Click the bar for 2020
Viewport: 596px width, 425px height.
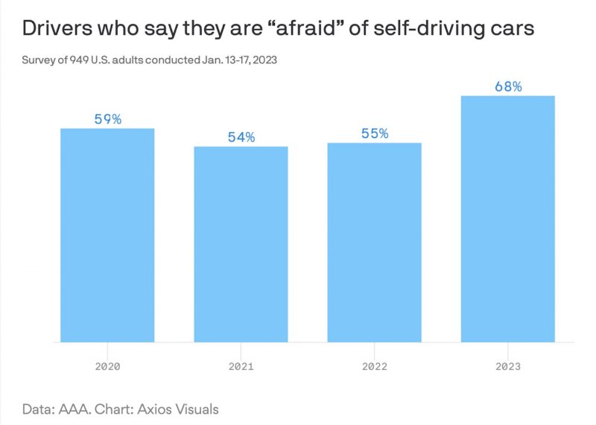click(107, 235)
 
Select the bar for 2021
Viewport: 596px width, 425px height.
click(241, 244)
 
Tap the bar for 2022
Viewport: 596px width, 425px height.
click(374, 242)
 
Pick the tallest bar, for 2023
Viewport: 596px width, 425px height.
click(508, 218)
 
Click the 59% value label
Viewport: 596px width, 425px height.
click(107, 119)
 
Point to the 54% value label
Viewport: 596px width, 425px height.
click(241, 137)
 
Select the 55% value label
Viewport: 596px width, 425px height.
click(374, 133)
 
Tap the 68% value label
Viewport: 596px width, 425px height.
click(508, 86)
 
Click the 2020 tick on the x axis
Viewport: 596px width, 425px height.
click(107, 366)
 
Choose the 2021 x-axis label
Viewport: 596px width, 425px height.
click(241, 366)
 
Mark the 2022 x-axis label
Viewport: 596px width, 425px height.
click(374, 366)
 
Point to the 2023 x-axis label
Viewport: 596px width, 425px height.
click(508, 366)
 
